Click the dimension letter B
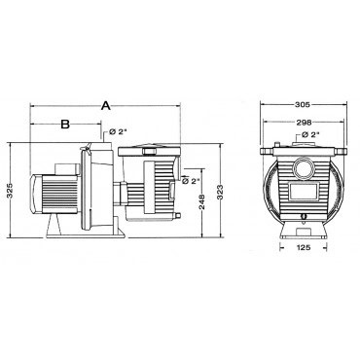click(63, 125)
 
